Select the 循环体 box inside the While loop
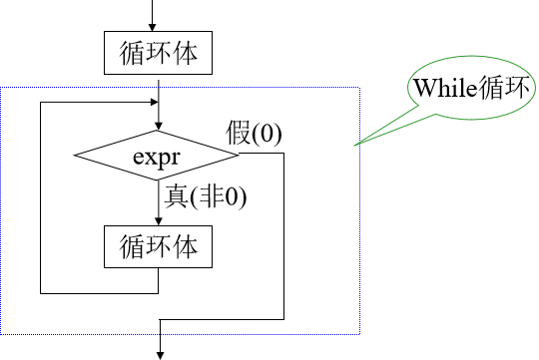point(158,245)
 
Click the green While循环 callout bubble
point(469,88)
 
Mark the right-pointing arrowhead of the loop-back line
point(153,102)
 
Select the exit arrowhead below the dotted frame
point(159,350)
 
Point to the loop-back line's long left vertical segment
point(41,199)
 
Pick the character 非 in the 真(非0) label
point(214,195)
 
